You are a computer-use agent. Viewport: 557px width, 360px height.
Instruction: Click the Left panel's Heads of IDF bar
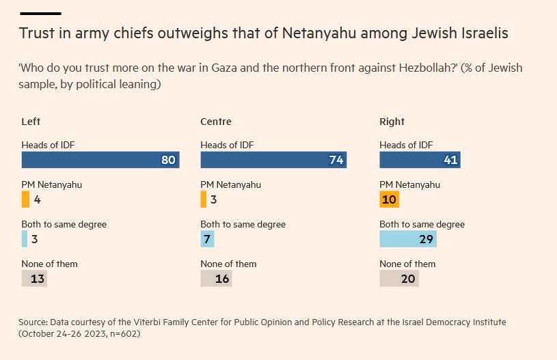click(100, 160)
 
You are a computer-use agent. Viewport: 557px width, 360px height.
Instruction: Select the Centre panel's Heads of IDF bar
click(273, 160)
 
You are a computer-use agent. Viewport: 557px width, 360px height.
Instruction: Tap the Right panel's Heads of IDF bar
click(420, 160)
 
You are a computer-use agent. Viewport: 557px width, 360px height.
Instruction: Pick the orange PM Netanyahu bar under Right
click(389, 199)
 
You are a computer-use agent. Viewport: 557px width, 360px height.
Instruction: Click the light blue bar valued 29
click(408, 239)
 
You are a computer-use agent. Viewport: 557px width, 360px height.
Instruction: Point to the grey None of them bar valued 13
click(34, 279)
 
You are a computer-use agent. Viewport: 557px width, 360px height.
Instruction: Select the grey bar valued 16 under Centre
click(216, 279)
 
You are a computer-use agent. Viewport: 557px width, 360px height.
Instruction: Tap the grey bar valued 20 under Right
click(398, 279)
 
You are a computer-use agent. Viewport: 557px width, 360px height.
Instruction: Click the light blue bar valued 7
click(207, 239)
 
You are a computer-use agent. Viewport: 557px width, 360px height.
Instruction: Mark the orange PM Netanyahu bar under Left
click(25, 199)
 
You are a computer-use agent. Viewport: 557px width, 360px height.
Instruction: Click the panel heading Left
click(31, 122)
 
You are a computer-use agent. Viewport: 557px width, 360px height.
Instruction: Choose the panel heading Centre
click(216, 122)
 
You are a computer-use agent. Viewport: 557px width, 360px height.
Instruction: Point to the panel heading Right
click(392, 122)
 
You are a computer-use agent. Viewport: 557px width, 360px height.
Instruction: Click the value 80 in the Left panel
click(168, 161)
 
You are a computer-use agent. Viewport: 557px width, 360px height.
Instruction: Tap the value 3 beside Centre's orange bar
click(214, 200)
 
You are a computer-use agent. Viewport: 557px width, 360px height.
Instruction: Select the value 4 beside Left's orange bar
click(37, 200)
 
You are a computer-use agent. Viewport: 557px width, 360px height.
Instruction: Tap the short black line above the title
click(40, 14)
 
